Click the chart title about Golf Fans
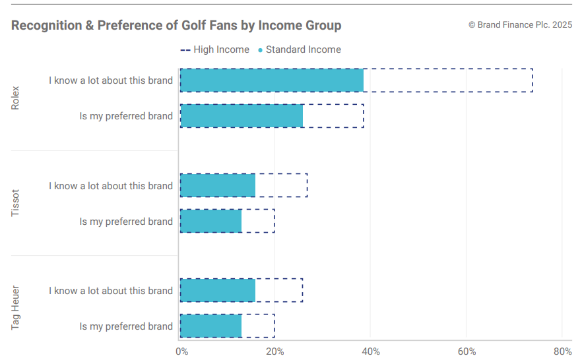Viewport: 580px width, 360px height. [176, 26]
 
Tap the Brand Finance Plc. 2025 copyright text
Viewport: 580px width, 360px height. [520, 25]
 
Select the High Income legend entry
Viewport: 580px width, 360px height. [215, 49]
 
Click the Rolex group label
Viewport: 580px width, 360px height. [16, 98]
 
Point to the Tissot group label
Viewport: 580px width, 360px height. [16, 203]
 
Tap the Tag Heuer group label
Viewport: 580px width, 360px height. [16, 308]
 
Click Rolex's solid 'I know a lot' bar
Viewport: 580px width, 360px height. [271, 80]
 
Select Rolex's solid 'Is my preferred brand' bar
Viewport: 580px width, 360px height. [241, 116]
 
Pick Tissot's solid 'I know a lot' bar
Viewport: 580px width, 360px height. [217, 186]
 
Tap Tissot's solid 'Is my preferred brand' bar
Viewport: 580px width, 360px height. [210, 222]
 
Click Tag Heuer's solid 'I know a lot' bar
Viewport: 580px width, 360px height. [217, 291]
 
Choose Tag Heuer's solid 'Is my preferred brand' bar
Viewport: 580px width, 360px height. [210, 326]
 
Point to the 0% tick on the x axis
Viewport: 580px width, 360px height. [181, 351]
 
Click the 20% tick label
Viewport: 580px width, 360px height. [274, 351]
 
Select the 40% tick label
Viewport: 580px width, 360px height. [370, 351]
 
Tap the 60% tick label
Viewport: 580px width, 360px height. [466, 351]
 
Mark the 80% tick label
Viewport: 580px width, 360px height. [562, 351]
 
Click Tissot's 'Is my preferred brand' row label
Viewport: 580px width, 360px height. [126, 222]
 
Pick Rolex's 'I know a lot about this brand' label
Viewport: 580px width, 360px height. [111, 80]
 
